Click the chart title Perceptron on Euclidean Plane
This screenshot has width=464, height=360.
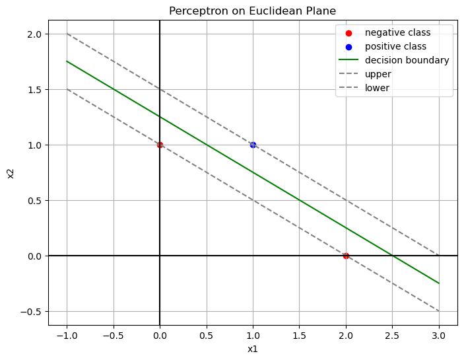pos(253,11)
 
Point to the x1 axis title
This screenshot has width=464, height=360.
pos(253,349)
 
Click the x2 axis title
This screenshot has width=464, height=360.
pos(10,172)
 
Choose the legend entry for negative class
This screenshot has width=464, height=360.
pos(397,33)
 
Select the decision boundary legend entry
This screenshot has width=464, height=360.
pos(407,60)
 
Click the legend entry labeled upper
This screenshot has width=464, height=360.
pos(378,74)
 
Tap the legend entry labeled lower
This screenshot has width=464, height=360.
pos(378,88)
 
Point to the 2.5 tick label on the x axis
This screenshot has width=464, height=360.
pos(392,334)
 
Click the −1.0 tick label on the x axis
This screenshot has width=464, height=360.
pos(67,334)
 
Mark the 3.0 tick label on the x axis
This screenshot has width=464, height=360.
pos(439,334)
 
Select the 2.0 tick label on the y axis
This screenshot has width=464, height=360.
pos(34,34)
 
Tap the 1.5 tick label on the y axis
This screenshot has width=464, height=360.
pos(34,90)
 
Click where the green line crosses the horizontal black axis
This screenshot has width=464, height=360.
pos(392,256)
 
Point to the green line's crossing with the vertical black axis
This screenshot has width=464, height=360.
pos(160,117)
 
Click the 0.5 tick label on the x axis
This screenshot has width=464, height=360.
pos(207,334)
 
